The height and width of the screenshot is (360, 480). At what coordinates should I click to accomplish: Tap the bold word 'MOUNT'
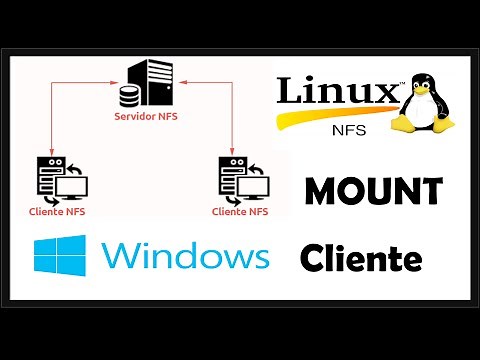tap(374, 189)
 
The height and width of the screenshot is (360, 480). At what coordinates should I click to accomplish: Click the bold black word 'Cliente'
tap(361, 260)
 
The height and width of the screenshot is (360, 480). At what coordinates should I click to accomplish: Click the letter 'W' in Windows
tap(122, 257)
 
